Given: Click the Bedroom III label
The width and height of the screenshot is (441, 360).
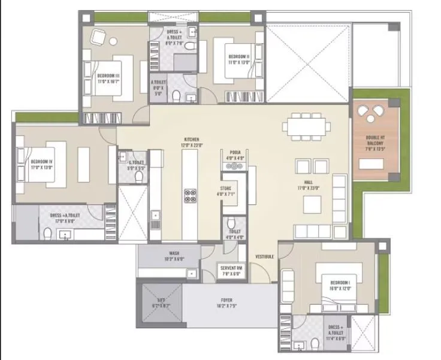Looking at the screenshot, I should coord(108,77).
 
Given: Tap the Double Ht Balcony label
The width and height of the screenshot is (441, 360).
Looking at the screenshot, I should coord(375,144).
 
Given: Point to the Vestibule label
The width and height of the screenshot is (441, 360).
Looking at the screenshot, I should coord(265,256).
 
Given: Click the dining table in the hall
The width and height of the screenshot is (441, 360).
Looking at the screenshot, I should coord(308,127).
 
